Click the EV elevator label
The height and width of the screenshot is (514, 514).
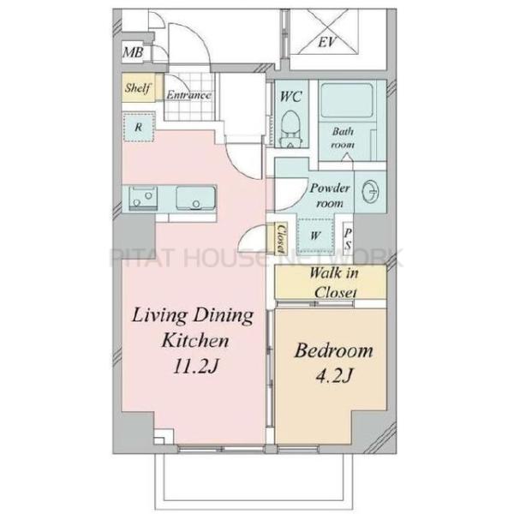tap(326, 42)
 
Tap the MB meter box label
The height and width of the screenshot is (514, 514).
tap(133, 52)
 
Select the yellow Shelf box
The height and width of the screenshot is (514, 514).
tap(139, 88)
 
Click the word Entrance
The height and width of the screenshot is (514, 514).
tap(188, 95)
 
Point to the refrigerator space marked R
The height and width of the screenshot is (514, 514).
tap(139, 127)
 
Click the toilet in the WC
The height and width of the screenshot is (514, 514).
tap(290, 128)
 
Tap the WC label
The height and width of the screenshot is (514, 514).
tap(291, 96)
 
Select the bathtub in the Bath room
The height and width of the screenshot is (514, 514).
tap(347, 99)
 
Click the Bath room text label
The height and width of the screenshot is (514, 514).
tap(343, 138)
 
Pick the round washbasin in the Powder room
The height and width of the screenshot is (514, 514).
tap(370, 191)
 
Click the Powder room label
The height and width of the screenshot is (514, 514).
tap(330, 195)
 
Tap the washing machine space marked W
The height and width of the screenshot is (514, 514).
tap(315, 235)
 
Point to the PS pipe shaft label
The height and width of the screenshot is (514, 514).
tap(348, 239)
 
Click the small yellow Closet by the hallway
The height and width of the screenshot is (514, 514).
tap(281, 238)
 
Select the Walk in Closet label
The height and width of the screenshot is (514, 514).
tap(334, 283)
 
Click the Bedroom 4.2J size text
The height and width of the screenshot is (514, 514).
tap(334, 376)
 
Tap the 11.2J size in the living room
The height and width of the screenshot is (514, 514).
tap(195, 366)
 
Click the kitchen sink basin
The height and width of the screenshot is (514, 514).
tap(196, 198)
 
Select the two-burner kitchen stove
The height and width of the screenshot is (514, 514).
tap(143, 198)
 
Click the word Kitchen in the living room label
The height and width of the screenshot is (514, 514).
tap(195, 340)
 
